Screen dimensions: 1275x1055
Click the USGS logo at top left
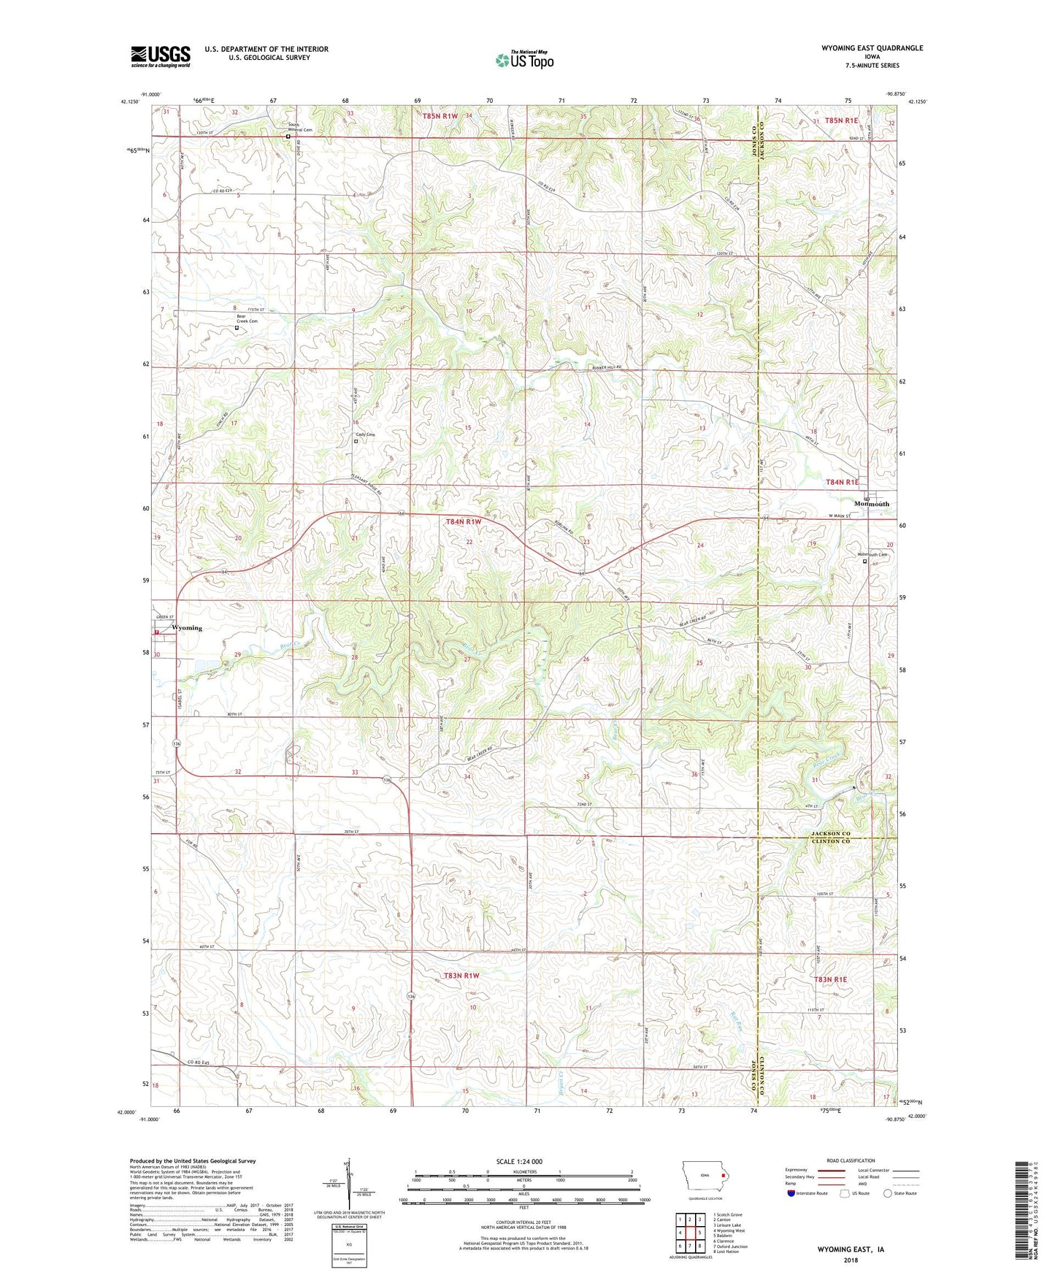161,56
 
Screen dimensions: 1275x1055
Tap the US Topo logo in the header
524,60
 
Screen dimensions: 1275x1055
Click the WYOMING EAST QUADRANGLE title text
862,48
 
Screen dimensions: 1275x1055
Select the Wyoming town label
186,628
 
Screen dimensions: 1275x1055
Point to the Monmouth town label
872,504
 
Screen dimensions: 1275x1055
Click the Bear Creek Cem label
247,319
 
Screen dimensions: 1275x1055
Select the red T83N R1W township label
461,976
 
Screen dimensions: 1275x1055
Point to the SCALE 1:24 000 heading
518,1162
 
